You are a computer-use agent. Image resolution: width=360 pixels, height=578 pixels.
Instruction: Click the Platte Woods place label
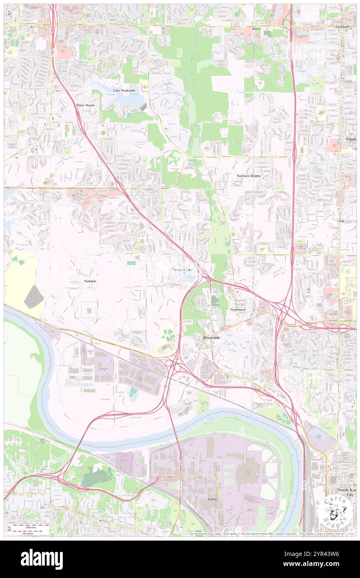click(x=85, y=105)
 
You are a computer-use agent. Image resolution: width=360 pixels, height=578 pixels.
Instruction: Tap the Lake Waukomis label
click(x=124, y=90)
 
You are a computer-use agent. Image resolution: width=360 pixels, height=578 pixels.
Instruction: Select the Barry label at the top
click(x=256, y=29)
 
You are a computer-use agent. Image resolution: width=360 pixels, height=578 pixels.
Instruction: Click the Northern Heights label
click(x=249, y=176)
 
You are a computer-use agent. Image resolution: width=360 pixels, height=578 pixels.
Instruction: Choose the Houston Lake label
click(x=183, y=270)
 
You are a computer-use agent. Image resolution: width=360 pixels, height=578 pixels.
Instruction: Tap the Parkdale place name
click(x=90, y=281)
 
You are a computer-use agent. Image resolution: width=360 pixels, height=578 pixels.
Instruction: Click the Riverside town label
click(x=212, y=338)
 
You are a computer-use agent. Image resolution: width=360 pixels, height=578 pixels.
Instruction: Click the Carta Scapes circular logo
click(x=336, y=511)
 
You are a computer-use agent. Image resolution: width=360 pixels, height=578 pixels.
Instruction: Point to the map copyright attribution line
click(x=270, y=533)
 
